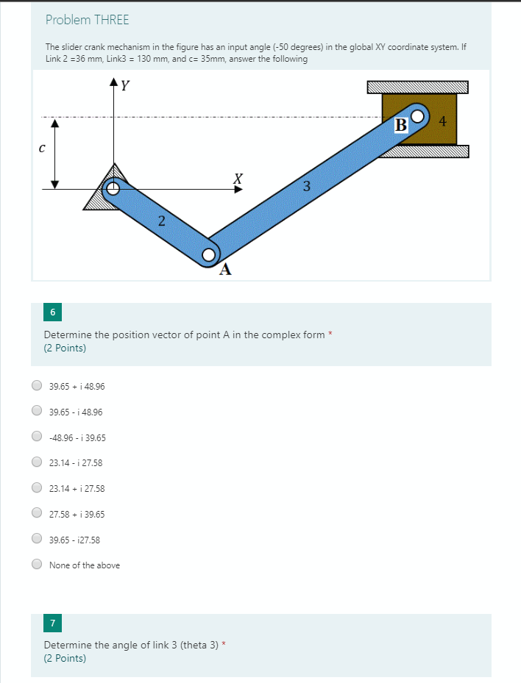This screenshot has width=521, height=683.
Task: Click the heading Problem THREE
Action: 87,20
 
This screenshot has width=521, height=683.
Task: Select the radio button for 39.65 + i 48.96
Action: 36,386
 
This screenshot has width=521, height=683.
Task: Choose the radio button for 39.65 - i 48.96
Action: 36,412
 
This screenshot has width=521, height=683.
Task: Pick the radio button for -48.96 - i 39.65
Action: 36,437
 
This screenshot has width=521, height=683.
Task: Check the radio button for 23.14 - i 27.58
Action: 36,462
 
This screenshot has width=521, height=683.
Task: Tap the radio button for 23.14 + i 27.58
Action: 36,488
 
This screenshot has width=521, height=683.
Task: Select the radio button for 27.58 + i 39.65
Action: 36,514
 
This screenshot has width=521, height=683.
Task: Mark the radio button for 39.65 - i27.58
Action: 36,540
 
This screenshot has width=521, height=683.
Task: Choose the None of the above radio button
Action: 36,565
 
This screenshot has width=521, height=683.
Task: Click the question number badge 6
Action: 52,312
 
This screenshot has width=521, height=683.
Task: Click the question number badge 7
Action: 52,623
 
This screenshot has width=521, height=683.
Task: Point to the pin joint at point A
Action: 209,255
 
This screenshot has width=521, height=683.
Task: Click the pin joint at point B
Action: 418,116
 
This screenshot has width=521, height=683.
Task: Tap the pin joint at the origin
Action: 113,189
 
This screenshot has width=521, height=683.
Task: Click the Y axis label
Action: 126,85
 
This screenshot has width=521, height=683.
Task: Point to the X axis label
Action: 237,179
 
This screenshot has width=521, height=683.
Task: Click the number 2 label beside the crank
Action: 161,221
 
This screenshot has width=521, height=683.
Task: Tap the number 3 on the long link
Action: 306,185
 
